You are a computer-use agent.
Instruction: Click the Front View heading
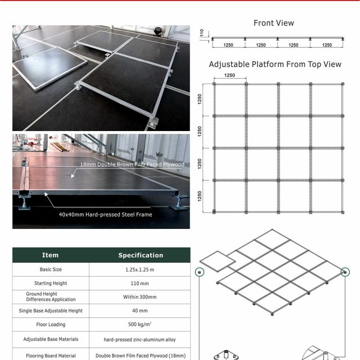pyautogui.click(x=273, y=23)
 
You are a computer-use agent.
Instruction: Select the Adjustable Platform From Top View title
pyautogui.click(x=275, y=64)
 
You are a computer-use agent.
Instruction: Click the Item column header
pyautogui.click(x=51, y=255)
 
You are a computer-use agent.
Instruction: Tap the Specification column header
pyautogui.click(x=141, y=255)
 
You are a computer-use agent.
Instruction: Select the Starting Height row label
pyautogui.click(x=51, y=283)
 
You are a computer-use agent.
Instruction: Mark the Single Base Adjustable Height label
pyautogui.click(x=51, y=310)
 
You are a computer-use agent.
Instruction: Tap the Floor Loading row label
pyautogui.click(x=51, y=325)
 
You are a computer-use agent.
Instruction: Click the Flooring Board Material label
pyautogui.click(x=51, y=355)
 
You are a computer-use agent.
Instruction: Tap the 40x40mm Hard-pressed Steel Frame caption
pyautogui.click(x=105, y=214)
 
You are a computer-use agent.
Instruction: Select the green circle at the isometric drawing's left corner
pyautogui.click(x=199, y=273)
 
